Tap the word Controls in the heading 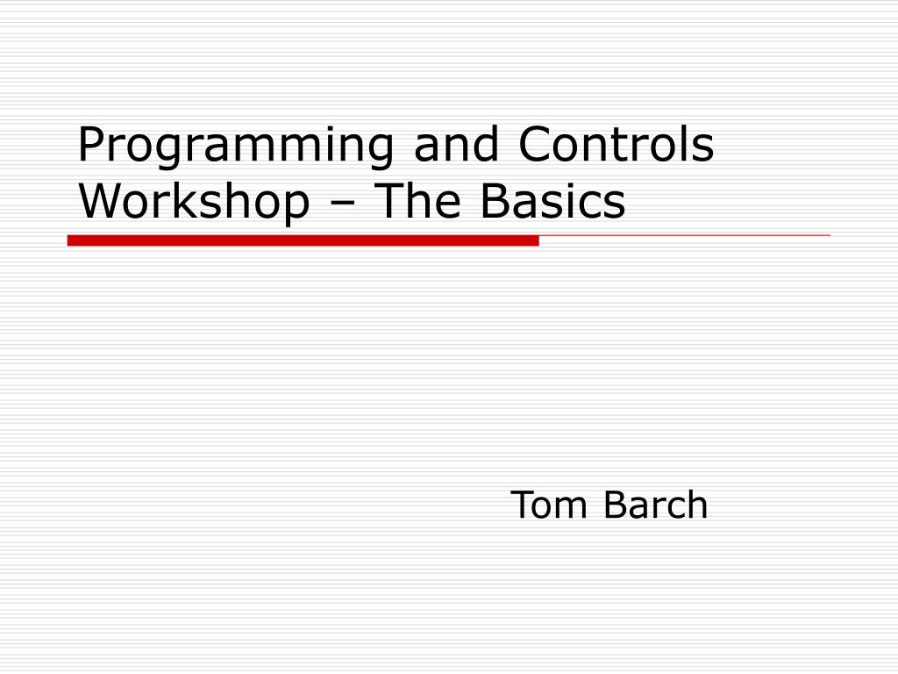[x=616, y=146]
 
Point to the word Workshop [x=194, y=201]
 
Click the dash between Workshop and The [x=343, y=204]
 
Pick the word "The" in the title [x=417, y=201]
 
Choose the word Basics [x=553, y=201]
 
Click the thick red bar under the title [x=303, y=240]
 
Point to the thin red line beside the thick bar [x=684, y=235]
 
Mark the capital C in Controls [x=535, y=146]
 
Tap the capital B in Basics [x=494, y=201]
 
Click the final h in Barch [x=697, y=505]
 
